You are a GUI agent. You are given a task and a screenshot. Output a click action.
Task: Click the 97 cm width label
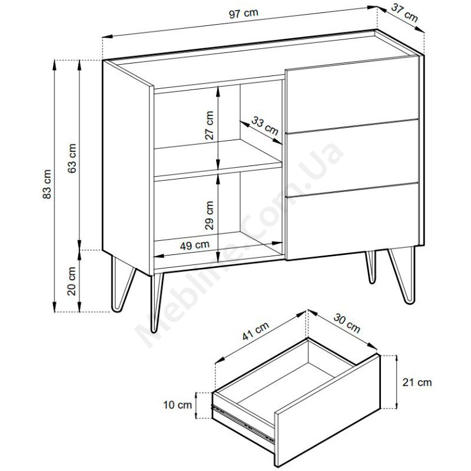coord(243,14)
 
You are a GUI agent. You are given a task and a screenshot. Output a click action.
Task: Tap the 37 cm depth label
coord(404,13)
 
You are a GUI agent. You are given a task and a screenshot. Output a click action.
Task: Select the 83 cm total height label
coord(47,184)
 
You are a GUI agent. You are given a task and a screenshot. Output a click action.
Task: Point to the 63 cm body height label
coord(72,158)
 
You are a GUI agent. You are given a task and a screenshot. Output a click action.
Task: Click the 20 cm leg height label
coord(72,281)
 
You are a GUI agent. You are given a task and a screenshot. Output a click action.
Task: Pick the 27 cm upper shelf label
coord(209,125)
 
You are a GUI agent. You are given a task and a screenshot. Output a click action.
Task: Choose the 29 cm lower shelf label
coord(209,215)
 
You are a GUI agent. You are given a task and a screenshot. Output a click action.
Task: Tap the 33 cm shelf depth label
coord(265,126)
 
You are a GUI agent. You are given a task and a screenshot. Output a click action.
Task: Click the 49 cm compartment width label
coord(195,245)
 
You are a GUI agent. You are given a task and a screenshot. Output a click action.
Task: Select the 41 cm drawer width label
coord(256,331)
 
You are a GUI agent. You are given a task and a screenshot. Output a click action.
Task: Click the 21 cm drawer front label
coord(417,382)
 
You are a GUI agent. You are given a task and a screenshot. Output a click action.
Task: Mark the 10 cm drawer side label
coord(178,404)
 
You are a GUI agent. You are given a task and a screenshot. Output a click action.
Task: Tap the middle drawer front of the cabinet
coord(352,158)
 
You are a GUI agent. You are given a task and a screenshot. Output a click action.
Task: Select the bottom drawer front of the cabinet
coord(352,221)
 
